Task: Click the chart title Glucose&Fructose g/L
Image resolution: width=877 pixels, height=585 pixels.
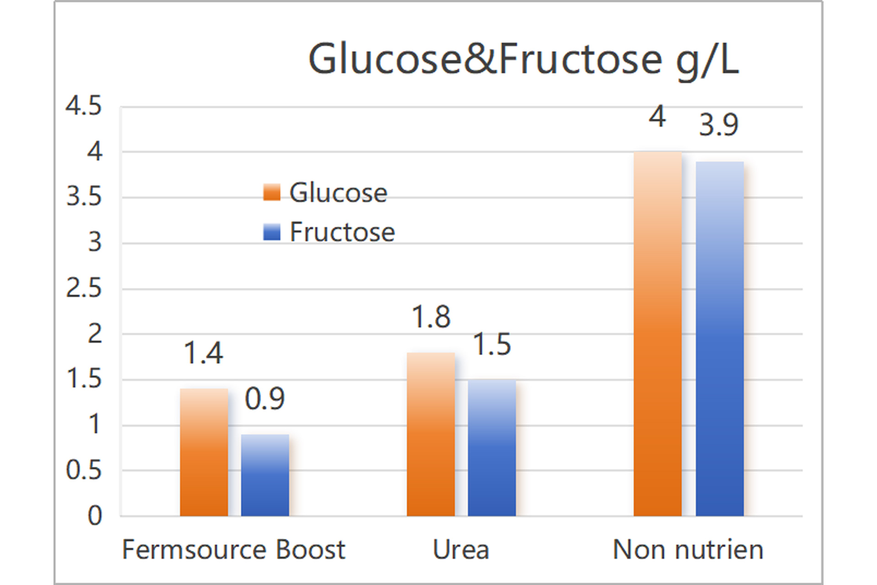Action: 523,59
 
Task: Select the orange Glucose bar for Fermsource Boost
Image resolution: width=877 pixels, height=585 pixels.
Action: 204,452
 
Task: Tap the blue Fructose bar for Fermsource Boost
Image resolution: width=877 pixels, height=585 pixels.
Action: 265,475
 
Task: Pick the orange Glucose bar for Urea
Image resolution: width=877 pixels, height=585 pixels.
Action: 431,434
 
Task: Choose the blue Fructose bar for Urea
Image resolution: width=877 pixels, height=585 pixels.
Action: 492,448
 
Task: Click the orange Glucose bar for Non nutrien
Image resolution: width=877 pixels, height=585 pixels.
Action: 657,334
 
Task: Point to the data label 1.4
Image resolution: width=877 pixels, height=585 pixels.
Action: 203,353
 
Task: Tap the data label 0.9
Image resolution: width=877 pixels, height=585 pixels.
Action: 265,399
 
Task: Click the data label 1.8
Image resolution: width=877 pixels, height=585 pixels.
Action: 431,317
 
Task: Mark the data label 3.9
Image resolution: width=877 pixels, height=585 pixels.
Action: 719,125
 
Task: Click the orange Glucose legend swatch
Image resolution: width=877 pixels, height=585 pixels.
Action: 272,192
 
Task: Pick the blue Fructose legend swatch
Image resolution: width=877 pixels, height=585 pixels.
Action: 272,232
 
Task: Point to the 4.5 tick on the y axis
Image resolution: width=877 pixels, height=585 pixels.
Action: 84,106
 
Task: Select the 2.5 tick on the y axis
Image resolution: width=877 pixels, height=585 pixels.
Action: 84,288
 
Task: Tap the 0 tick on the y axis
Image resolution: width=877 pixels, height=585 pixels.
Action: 95,516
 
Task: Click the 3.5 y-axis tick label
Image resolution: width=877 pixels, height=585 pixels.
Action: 84,197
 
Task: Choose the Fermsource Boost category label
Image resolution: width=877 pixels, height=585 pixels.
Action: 233,549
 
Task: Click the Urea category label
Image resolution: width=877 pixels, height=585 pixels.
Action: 460,549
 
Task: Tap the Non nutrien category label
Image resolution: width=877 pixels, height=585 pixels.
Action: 687,549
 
